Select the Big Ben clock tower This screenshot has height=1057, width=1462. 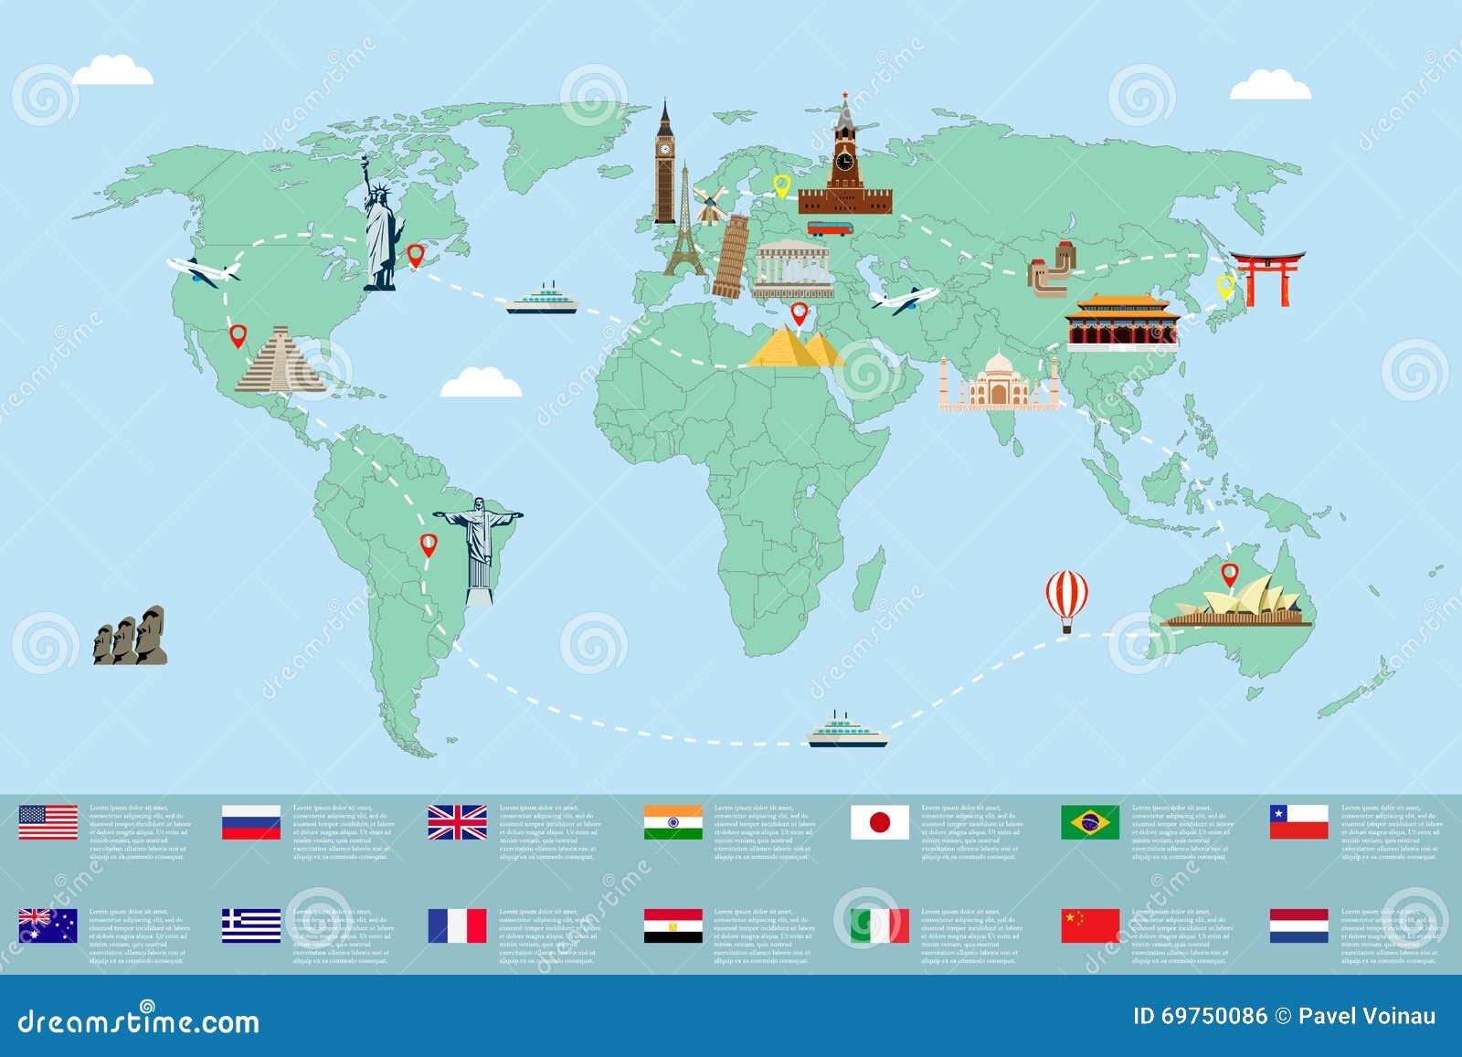tap(665, 164)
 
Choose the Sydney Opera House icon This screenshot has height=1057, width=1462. tap(1238, 605)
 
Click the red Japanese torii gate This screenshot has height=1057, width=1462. tap(1266, 278)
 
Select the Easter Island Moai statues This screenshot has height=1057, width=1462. tap(130, 634)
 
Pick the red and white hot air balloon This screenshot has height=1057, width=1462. tap(1066, 597)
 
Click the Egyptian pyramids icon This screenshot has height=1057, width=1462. tap(797, 349)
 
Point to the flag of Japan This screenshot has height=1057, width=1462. tap(879, 822)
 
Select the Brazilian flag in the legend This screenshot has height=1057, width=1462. tap(1089, 822)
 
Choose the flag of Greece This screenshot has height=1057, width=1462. tap(251, 925)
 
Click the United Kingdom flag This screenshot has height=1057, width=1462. tap(457, 822)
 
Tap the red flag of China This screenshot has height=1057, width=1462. tap(1089, 925)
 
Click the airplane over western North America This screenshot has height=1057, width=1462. tap(203, 271)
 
